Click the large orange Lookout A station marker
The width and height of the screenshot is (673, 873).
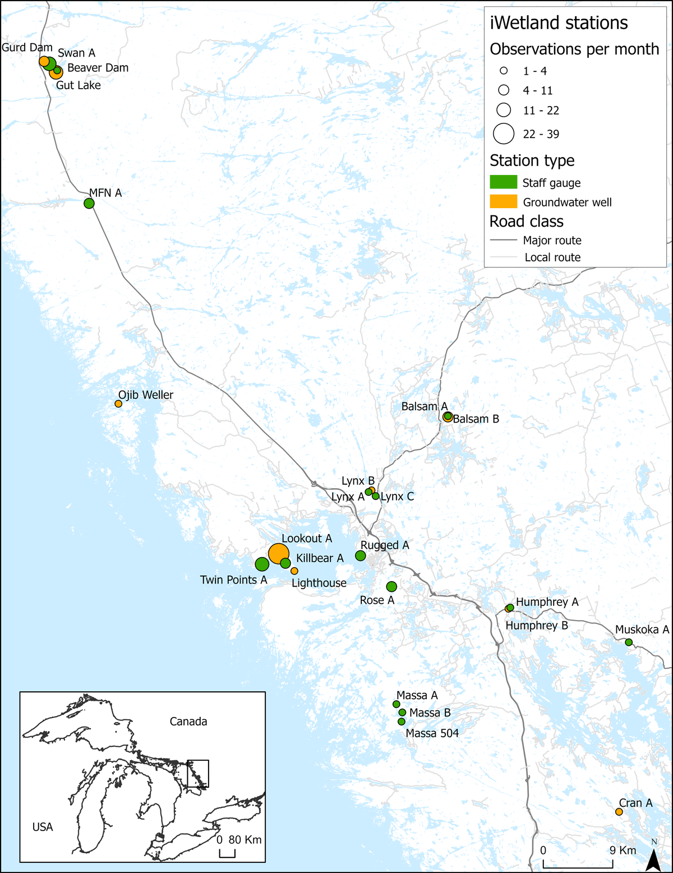pyautogui.click(x=279, y=554)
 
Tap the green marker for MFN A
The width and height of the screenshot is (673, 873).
pyautogui.click(x=89, y=203)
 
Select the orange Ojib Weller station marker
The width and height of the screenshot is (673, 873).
pyautogui.click(x=118, y=403)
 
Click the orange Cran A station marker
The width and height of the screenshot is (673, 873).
pyautogui.click(x=619, y=812)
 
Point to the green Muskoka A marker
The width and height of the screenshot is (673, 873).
pyautogui.click(x=629, y=642)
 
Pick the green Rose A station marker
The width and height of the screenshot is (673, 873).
pyautogui.click(x=391, y=586)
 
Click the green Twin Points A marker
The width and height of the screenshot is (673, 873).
pyautogui.click(x=261, y=564)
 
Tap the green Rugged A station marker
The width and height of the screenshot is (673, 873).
pyautogui.click(x=361, y=555)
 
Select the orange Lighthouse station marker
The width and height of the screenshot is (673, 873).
pyautogui.click(x=294, y=571)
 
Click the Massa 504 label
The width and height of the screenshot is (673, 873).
pyautogui.click(x=432, y=733)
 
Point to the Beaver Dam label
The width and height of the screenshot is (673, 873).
pyautogui.click(x=98, y=68)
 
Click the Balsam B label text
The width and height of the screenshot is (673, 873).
pyautogui.click(x=476, y=419)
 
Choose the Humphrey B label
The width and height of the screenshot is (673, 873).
pyautogui.click(x=537, y=626)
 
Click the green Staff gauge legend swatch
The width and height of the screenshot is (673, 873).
pyautogui.click(x=503, y=182)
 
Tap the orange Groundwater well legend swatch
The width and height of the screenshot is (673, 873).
pyautogui.click(x=503, y=201)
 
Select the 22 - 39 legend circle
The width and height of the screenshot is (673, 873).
pyautogui.click(x=504, y=134)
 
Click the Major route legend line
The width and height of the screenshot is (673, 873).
pyautogui.click(x=503, y=240)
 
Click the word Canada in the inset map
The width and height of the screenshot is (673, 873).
pyautogui.click(x=188, y=722)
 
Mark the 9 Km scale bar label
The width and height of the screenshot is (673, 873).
pyautogui.click(x=623, y=850)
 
